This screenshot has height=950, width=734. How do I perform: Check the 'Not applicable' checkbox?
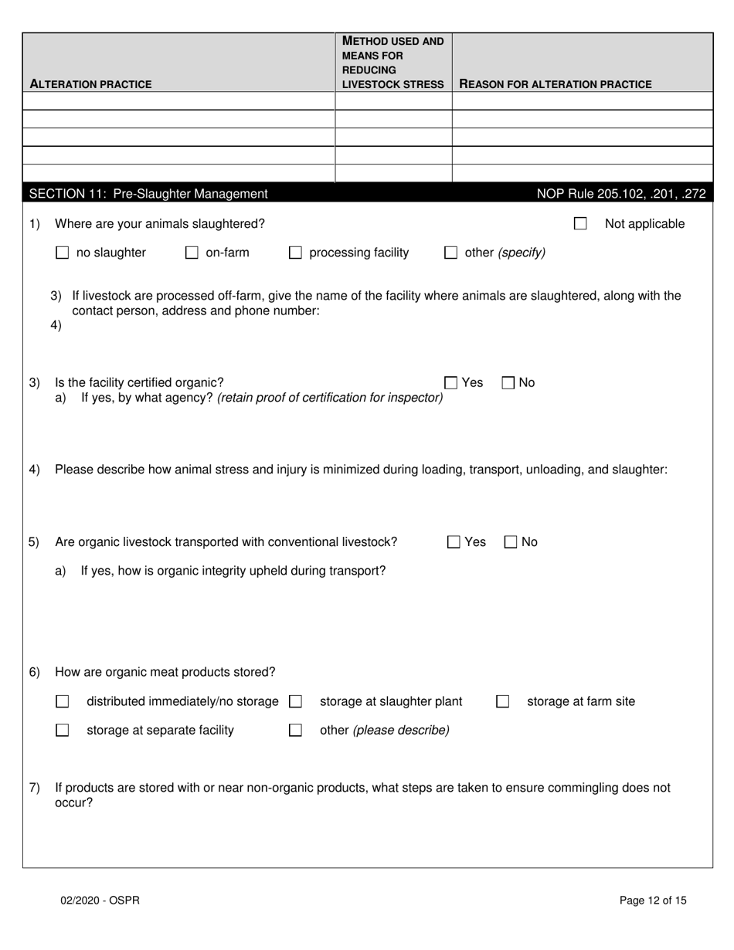(580, 224)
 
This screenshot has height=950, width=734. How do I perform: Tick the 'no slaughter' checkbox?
(63, 253)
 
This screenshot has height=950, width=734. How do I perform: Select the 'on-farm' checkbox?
(192, 253)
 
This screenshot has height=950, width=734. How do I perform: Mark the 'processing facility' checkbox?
(295, 253)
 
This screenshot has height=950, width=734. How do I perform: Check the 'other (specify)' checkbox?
(451, 253)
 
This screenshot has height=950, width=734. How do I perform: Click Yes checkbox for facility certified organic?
(451, 382)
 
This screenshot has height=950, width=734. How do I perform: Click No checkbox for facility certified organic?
(509, 382)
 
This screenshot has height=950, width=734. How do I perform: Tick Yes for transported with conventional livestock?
(454, 542)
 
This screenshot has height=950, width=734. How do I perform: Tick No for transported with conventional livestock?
(511, 542)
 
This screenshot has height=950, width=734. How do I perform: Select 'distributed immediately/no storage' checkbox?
(63, 701)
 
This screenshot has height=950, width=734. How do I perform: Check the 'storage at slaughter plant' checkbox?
(295, 701)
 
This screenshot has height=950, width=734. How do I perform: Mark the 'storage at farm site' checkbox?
(503, 701)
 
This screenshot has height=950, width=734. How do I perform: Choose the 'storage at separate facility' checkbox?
(63, 730)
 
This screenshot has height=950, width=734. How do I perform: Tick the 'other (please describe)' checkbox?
(295, 730)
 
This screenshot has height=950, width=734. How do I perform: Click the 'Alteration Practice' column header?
(90, 84)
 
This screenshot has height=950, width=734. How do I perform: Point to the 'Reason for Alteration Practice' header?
(556, 84)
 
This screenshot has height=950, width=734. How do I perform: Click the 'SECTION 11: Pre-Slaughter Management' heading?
(148, 194)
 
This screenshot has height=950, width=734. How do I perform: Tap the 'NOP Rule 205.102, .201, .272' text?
(620, 194)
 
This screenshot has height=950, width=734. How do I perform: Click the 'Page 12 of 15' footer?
(653, 900)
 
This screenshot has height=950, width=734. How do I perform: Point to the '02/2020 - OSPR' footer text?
(101, 900)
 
